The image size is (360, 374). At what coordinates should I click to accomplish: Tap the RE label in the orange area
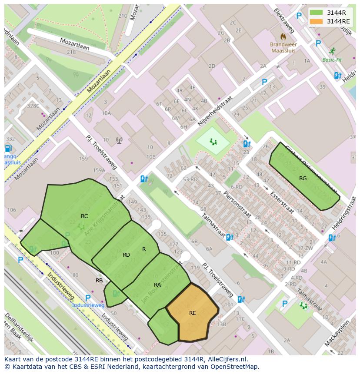pyautogui.click(x=193, y=313)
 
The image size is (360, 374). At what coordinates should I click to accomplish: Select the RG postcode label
pyautogui.click(x=303, y=179)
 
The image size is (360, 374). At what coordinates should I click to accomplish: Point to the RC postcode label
pyautogui.click(x=84, y=216)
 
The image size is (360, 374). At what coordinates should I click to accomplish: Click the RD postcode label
pyautogui.click(x=126, y=255)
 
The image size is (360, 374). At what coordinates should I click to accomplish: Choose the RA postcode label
pyautogui.click(x=157, y=285)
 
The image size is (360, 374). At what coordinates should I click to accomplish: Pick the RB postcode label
pyautogui.click(x=99, y=281)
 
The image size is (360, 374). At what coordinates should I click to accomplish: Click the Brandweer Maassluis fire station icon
pyautogui.click(x=283, y=36)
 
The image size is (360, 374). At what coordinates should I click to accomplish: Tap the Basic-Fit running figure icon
pyautogui.click(x=332, y=51)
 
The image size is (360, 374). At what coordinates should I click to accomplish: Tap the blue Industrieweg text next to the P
pyautogui.click(x=88, y=305)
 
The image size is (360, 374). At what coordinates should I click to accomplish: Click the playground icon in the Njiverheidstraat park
pyautogui.click(x=213, y=141)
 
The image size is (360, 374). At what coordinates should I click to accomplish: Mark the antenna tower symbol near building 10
pyautogui.click(x=119, y=140)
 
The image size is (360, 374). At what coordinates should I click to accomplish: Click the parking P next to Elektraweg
pyautogui.click(x=299, y=16)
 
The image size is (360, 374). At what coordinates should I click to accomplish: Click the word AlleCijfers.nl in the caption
pyautogui.click(x=226, y=359)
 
